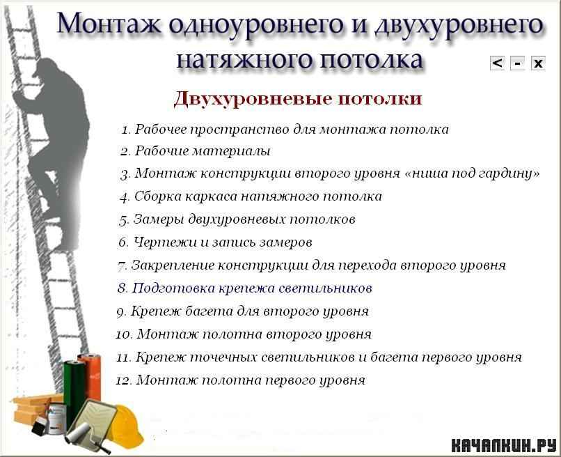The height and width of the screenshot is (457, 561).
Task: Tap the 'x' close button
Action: [538, 63]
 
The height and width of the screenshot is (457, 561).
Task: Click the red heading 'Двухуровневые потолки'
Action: [298, 98]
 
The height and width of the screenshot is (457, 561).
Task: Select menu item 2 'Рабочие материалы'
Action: [195, 151]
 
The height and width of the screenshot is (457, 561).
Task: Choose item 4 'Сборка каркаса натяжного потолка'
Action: [251, 196]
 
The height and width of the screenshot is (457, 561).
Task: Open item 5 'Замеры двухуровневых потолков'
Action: [237, 219]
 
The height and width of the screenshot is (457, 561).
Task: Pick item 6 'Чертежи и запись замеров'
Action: [215, 242]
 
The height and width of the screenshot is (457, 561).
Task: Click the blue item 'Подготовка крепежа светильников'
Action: [245, 288]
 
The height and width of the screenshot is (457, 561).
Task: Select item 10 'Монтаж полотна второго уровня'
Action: [244, 334]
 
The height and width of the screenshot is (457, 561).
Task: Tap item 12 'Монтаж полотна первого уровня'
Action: [240, 380]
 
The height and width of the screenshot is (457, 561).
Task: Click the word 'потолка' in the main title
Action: [371, 59]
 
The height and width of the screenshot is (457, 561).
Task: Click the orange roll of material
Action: [90, 377]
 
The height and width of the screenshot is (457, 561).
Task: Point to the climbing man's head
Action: [48, 69]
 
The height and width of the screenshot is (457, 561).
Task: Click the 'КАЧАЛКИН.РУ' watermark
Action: [504, 445]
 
